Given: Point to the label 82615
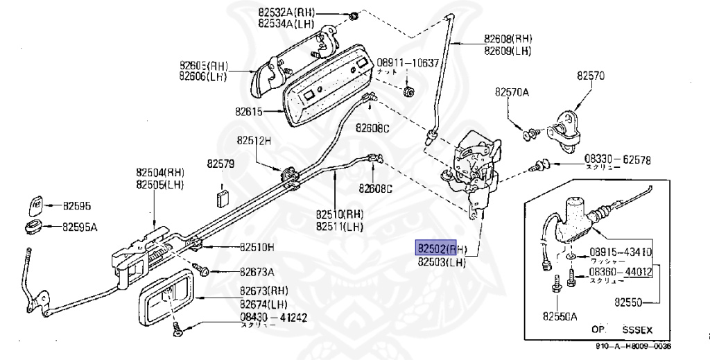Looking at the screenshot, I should tap(249, 111).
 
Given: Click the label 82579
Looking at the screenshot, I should tap(220, 164).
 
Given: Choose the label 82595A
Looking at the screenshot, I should tap(80, 227).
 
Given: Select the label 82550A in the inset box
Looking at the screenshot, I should tap(560, 316).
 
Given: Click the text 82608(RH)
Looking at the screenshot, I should tap(508, 39).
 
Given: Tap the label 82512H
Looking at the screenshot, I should tap(253, 139).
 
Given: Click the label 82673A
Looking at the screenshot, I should tap(257, 271).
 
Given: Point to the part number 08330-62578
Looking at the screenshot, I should tap(617, 160).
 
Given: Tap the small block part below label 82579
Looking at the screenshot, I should tap(222, 197).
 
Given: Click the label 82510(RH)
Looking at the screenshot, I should tap(340, 214).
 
